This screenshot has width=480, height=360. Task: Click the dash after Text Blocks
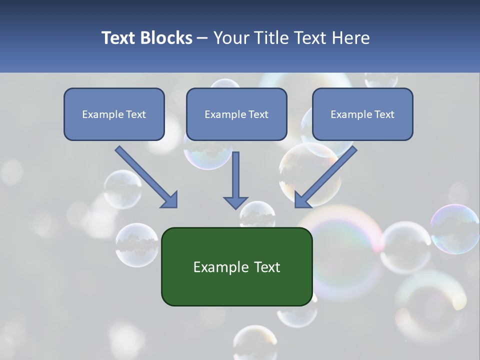202,38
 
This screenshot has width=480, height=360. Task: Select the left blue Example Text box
114,114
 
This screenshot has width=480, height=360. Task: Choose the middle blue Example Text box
236,114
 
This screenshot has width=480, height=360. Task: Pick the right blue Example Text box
362,114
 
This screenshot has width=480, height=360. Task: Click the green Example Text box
236,266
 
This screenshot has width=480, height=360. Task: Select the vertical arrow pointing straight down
235,180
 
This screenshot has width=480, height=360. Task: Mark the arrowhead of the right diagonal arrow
303,199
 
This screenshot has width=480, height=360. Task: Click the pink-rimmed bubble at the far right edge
455,229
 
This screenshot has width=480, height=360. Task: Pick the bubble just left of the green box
137,245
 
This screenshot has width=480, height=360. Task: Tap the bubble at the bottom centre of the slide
255,342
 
